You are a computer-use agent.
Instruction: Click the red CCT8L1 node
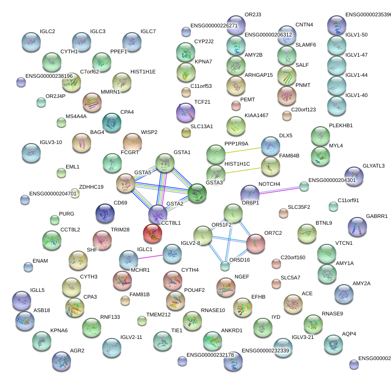pyautogui.click(x=153, y=233)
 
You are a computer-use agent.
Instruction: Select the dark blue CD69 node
pyautogui.click(x=105, y=213)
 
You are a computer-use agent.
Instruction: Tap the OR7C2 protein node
pyautogui.click(x=255, y=243)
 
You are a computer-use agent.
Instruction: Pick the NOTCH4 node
pyautogui.click(x=250, y=193)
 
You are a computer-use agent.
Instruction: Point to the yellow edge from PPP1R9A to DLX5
pyautogui.click(x=243, y=149)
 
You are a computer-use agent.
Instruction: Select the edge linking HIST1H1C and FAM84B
pyautogui.click(x=243, y=169)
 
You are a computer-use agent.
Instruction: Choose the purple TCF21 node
pyautogui.click(x=186, y=112)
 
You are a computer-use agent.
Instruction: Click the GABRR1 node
pyautogui.click(x=357, y=226)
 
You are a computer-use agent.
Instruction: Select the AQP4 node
pyautogui.click(x=333, y=343)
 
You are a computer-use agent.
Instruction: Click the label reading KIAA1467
pyautogui.click(x=256, y=116)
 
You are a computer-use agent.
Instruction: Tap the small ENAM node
pyautogui.click(x=28, y=267)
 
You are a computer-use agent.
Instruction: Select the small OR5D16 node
pyautogui.click(x=225, y=266)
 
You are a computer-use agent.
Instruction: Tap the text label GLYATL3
pyautogui.click(x=374, y=166)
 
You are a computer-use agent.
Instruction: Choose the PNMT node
pyautogui.click(x=286, y=95)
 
